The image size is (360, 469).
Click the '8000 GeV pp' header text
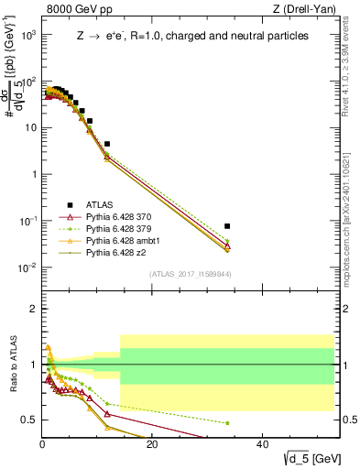pyautogui.click(x=75, y=10)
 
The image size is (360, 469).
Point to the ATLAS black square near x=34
pyautogui.click(x=227, y=225)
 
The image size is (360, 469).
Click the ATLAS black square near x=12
pyautogui.click(x=107, y=144)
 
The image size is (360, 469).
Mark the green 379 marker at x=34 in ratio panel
pyautogui.click(x=227, y=423)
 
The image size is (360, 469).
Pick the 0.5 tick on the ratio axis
pyautogui.click(x=29, y=420)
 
